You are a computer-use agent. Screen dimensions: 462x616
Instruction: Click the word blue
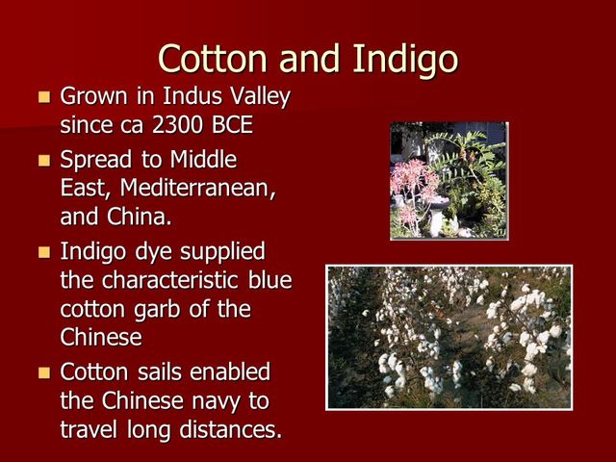pyautogui.click(x=269, y=281)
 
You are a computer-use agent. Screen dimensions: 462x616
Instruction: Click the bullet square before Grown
pyautogui.click(x=43, y=98)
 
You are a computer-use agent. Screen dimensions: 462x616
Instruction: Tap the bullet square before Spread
pyautogui.click(x=43, y=160)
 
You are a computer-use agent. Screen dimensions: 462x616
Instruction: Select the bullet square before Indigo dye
pyautogui.click(x=43, y=253)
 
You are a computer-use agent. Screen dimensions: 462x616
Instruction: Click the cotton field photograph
pyautogui.click(x=449, y=337)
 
